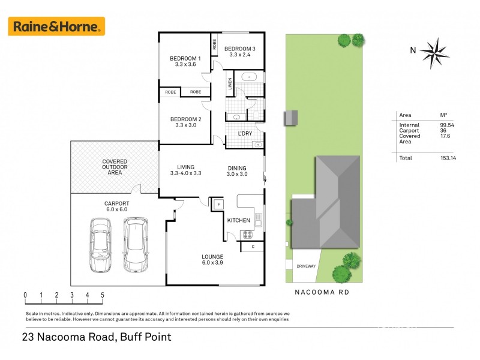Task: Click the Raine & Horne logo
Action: [x=56, y=26]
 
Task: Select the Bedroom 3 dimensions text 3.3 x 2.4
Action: [x=240, y=55]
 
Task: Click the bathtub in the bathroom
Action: [x=248, y=77]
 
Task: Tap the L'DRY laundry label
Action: [x=245, y=133]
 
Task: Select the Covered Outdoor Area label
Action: [x=114, y=167]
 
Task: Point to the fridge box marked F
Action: [x=218, y=205]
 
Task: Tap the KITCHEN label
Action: [x=238, y=220]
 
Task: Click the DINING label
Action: [x=237, y=168]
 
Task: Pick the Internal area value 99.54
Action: [x=448, y=125]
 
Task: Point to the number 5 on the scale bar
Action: [x=103, y=295]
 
